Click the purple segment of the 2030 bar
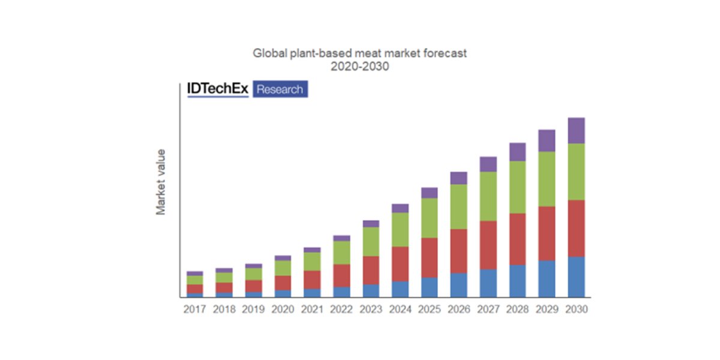tap(576, 130)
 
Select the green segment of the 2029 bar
tap(547, 179)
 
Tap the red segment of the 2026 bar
tap(458, 251)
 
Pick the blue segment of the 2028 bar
tap(517, 281)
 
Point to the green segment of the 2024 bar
tap(400, 229)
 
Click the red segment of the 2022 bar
tap(341, 275)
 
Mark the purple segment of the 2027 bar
tap(488, 164)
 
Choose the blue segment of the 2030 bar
tap(576, 277)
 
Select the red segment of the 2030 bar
tap(576, 228)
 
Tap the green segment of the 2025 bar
tap(429, 218)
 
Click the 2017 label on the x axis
tap(194, 310)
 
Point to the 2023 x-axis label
tap(371, 310)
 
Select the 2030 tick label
tap(577, 310)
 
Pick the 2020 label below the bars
tap(283, 310)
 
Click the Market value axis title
tap(161, 182)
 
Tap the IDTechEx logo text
tap(217, 89)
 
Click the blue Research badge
tap(280, 89)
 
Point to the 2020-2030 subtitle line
tap(360, 67)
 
